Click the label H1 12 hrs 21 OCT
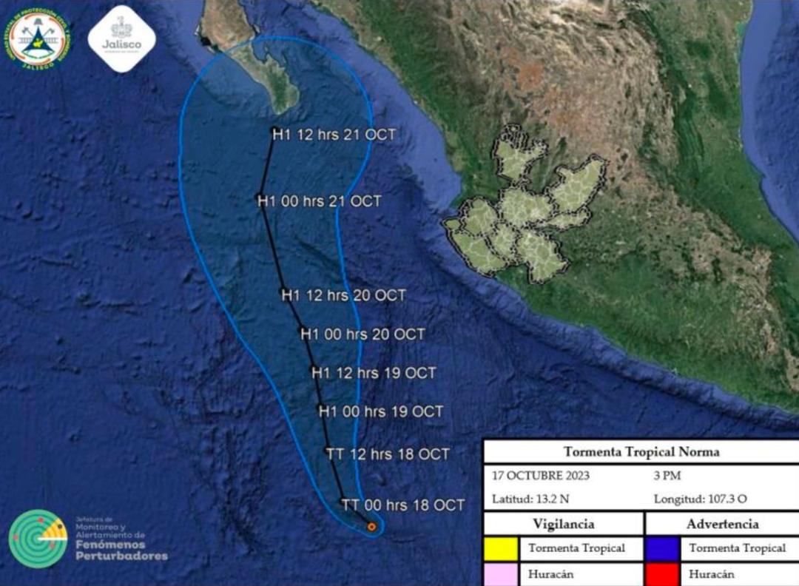(334, 135)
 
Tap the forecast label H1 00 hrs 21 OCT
(319, 201)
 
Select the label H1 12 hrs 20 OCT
(343, 295)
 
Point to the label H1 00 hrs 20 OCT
(363, 334)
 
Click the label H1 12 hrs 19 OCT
(374, 373)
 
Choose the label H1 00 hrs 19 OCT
(381, 411)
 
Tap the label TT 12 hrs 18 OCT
(388, 454)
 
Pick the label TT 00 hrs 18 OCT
(403, 505)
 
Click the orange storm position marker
(371, 527)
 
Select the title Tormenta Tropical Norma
(641, 451)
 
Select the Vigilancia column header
(564, 524)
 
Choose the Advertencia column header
(722, 524)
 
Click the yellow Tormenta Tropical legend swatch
(502, 548)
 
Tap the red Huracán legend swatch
(663, 573)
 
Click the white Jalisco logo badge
(121, 39)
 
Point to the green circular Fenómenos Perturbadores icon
(38, 539)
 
